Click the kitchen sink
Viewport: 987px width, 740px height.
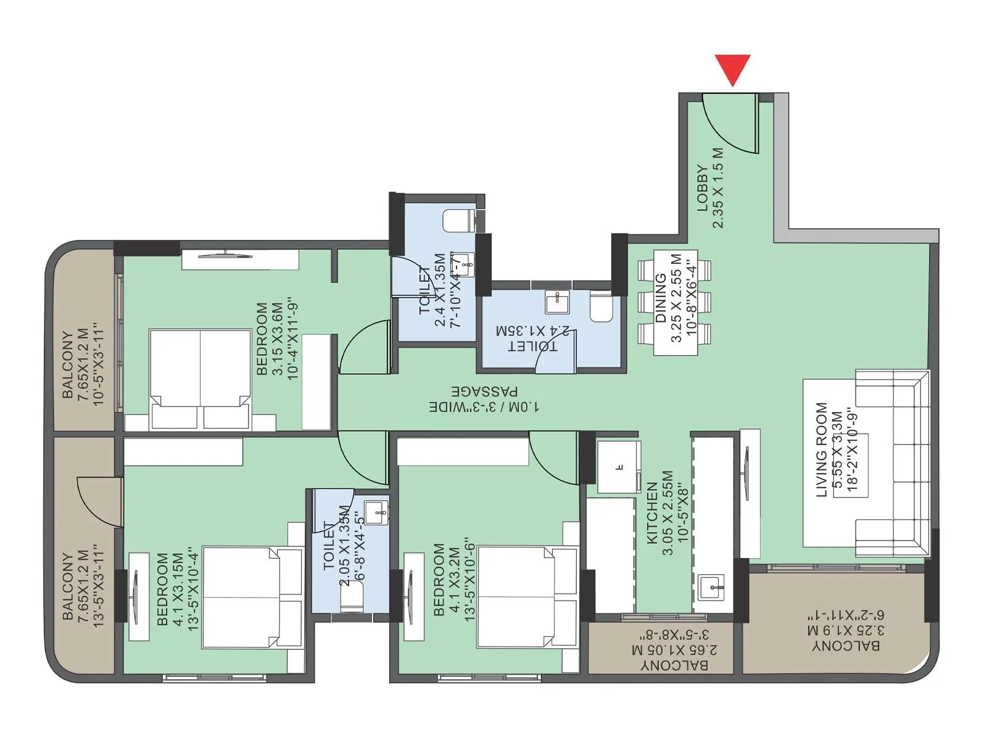[x=712, y=583]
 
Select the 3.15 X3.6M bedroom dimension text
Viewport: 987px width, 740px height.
[x=277, y=338]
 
